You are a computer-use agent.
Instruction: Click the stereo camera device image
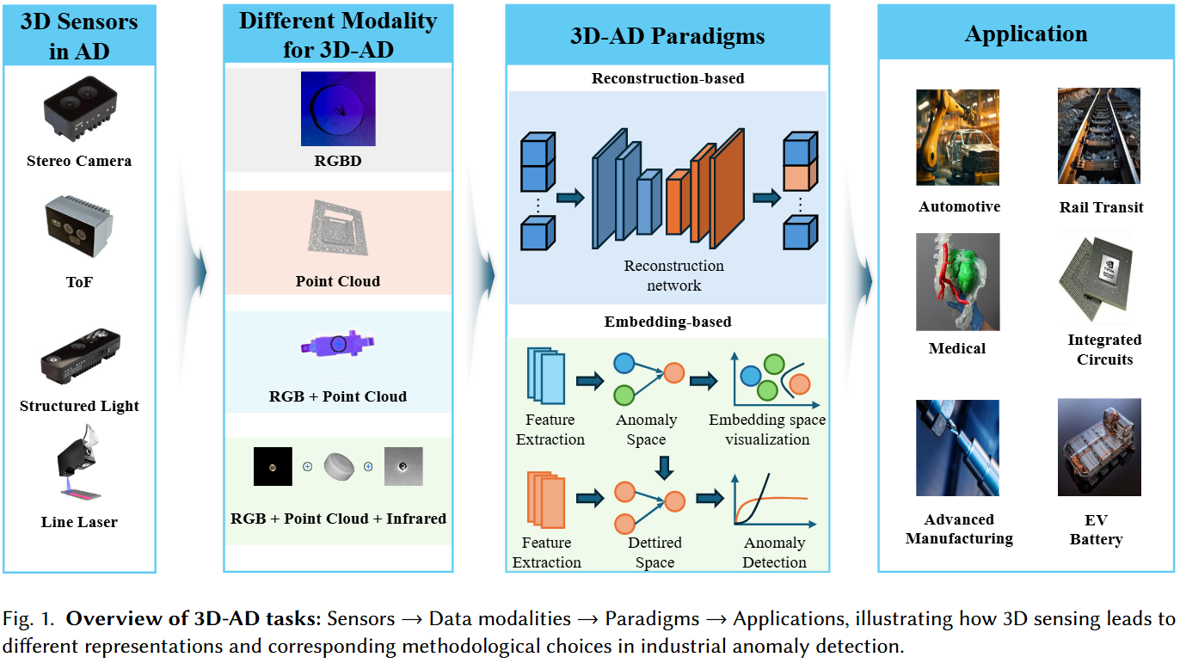point(80,108)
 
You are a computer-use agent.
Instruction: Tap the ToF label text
point(79,282)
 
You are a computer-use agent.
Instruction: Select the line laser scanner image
point(79,463)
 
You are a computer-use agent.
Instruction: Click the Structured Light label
point(79,406)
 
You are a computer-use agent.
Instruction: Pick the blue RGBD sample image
point(338,108)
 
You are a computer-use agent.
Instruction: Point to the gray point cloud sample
point(338,228)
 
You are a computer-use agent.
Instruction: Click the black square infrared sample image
point(273,467)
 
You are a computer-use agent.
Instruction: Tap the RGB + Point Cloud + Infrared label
point(338,519)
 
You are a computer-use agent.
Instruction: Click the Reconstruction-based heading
point(668,78)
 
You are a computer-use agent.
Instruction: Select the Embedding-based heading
point(668,322)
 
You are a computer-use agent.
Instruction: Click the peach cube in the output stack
point(800,175)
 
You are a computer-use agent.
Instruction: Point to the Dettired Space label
point(655,552)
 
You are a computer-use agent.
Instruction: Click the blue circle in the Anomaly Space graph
point(624,364)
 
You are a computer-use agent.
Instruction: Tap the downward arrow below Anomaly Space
point(665,468)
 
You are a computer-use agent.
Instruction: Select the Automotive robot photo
point(958,137)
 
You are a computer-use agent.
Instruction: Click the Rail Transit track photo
point(1099,136)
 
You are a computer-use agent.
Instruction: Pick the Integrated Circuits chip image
point(1096,278)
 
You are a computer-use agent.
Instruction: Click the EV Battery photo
point(1099,447)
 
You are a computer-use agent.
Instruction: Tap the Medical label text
point(956,348)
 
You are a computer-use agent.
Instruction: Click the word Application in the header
point(1026,34)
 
